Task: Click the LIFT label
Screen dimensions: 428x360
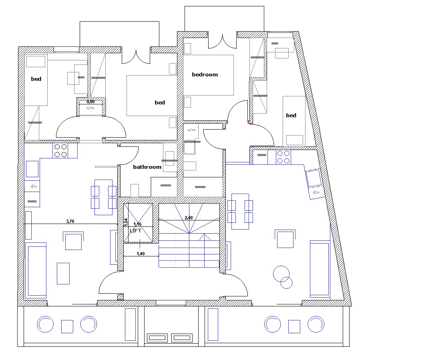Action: click(x=135, y=231)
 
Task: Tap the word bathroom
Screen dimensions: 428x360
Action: click(x=147, y=167)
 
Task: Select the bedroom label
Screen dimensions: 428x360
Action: click(x=205, y=74)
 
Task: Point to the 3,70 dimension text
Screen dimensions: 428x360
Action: click(x=70, y=221)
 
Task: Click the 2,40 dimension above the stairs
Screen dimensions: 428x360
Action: click(x=189, y=218)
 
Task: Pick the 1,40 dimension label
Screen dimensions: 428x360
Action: click(x=141, y=254)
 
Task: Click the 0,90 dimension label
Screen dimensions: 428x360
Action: click(x=90, y=102)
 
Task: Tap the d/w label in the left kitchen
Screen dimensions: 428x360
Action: click(x=34, y=186)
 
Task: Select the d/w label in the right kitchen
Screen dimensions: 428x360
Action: click(x=316, y=192)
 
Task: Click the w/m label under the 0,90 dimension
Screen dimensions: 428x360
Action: click(x=90, y=108)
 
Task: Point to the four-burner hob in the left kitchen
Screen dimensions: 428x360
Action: click(x=60, y=150)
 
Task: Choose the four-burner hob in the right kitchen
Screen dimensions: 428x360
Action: click(x=283, y=157)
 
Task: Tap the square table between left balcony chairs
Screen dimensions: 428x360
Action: click(x=67, y=326)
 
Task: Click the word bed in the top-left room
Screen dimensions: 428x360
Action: click(x=36, y=79)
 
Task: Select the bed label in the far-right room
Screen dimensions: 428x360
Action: click(x=291, y=115)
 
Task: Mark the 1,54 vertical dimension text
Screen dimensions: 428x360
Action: click(x=126, y=222)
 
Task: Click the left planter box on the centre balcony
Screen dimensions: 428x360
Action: click(x=157, y=338)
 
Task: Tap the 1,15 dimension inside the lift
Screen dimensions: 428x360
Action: click(x=137, y=224)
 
